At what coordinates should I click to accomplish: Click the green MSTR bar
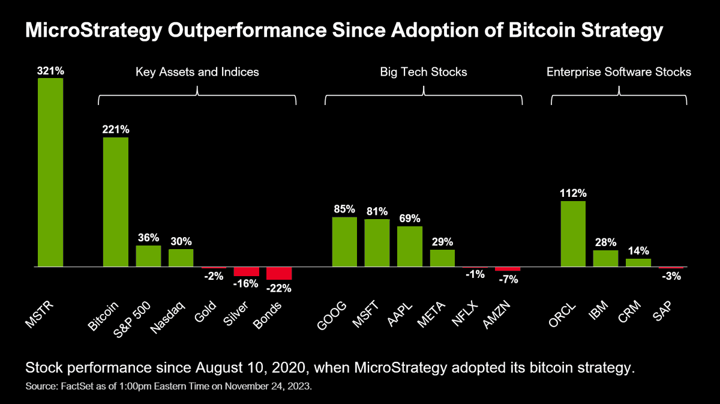pyautogui.click(x=50, y=172)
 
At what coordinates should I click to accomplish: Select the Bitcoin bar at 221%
pyautogui.click(x=115, y=202)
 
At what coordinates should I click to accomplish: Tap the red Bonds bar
pyautogui.click(x=279, y=273)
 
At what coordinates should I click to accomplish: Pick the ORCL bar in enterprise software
pyautogui.click(x=573, y=234)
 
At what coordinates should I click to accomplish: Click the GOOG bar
pyautogui.click(x=344, y=241)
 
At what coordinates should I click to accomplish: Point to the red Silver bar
pyautogui.click(x=247, y=271)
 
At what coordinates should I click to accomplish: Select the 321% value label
pyautogui.click(x=50, y=71)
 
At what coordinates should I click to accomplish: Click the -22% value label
pyautogui.click(x=279, y=288)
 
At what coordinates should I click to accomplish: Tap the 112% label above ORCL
pyautogui.click(x=573, y=193)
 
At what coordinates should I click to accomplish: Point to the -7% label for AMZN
pyautogui.click(x=507, y=279)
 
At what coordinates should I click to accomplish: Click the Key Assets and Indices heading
pyautogui.click(x=197, y=72)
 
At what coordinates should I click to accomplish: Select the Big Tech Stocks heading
pyautogui.click(x=424, y=72)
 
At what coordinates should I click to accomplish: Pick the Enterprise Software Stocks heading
pyautogui.click(x=619, y=72)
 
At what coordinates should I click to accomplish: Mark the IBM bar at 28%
pyautogui.click(x=605, y=258)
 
